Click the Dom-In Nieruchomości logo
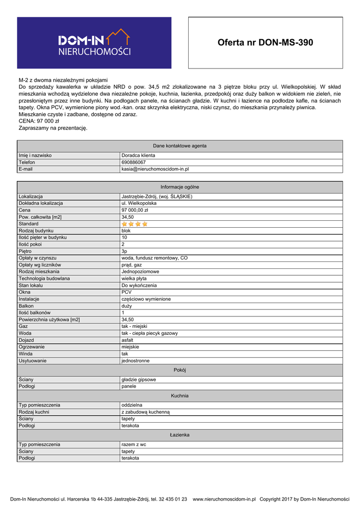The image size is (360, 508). (94, 43)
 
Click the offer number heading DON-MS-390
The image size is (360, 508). (265, 43)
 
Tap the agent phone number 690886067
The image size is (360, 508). (134, 162)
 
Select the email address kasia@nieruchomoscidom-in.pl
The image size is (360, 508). (155, 169)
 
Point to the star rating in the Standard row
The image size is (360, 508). (135, 224)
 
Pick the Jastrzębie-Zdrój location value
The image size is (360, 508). (157, 196)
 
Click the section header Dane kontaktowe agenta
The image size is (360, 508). (180, 146)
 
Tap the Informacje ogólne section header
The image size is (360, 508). (180, 187)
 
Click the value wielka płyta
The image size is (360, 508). (134, 279)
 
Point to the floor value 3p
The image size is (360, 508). (125, 252)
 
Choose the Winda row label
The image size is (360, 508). (25, 354)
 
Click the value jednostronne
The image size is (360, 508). (136, 361)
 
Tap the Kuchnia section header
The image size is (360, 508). (180, 396)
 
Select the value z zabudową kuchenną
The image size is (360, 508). (145, 412)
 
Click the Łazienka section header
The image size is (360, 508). (180, 435)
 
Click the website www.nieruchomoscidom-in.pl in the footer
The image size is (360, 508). (224, 499)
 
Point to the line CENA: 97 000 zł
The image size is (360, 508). (39, 121)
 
